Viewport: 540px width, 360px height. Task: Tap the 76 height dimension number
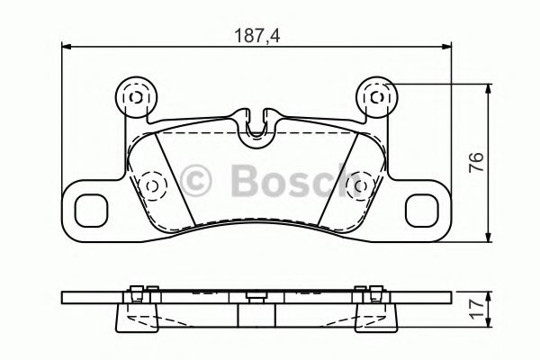pyautogui.click(x=477, y=163)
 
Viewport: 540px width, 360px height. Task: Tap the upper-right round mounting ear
pyautogui.click(x=376, y=94)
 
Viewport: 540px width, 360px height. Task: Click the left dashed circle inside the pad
pyautogui.click(x=151, y=185)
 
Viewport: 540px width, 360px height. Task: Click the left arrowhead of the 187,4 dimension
pyautogui.click(x=66, y=47)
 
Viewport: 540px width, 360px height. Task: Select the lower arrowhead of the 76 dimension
pyautogui.click(x=490, y=238)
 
